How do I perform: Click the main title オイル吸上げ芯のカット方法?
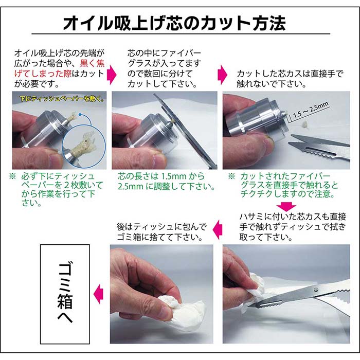tap(174, 23)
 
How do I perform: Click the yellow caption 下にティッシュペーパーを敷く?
tap(61, 99)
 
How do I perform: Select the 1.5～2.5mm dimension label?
tap(311, 111)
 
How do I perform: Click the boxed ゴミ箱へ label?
tap(65, 294)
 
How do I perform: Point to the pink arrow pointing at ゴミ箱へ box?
tap(99, 294)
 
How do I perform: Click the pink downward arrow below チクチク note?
tap(286, 206)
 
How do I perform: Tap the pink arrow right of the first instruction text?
tap(112, 75)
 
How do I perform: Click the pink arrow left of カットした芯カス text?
tap(222, 75)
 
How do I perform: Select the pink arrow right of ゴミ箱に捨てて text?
tap(218, 229)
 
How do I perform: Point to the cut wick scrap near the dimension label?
tap(305, 124)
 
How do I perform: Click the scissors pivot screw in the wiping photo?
tap(316, 289)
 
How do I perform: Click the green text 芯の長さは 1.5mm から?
tap(161, 176)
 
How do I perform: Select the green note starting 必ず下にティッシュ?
tap(59, 189)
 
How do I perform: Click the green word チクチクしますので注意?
tap(287, 194)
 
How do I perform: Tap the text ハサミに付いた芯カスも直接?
tap(293, 217)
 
